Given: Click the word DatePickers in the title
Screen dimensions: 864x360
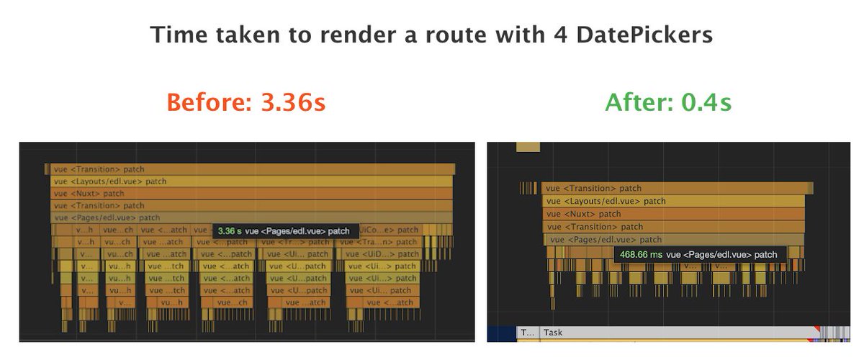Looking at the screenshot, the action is click(x=652, y=35).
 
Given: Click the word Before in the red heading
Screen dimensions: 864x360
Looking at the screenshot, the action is click(x=202, y=103).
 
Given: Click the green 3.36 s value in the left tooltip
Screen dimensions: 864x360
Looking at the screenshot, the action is click(x=229, y=231).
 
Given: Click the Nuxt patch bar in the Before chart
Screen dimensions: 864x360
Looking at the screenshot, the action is click(x=252, y=194).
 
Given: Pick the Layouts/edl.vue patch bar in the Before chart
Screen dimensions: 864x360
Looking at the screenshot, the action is click(x=252, y=181).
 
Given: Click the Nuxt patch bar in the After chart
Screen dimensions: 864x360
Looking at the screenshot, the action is click(x=673, y=214).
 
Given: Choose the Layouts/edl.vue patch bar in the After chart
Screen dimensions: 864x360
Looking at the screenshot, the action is click(x=673, y=201).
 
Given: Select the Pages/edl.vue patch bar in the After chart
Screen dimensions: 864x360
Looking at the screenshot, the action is click(x=673, y=240).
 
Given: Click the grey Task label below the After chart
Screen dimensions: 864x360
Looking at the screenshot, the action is click(x=553, y=333).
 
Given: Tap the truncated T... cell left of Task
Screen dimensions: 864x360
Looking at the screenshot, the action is click(x=527, y=333).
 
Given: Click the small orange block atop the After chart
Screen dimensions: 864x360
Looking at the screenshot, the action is click(x=528, y=146).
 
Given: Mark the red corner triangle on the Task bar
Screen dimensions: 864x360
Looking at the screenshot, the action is click(x=816, y=329).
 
